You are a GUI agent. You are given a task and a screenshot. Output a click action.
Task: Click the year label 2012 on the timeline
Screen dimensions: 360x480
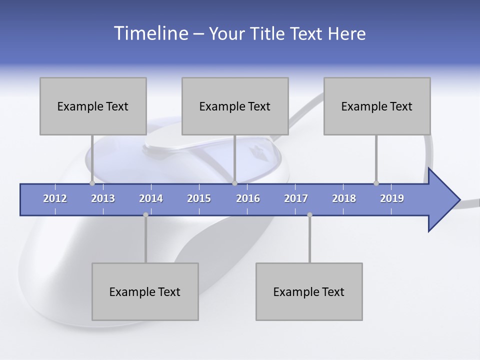tap(55, 198)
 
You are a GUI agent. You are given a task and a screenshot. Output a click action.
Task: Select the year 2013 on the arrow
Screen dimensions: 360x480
tap(103, 198)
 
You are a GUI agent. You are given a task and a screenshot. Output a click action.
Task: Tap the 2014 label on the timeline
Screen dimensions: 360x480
tap(151, 198)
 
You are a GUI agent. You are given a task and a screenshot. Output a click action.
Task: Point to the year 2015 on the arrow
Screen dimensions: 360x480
tap(199, 198)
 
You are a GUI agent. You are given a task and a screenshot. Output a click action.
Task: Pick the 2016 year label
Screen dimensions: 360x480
tap(248, 198)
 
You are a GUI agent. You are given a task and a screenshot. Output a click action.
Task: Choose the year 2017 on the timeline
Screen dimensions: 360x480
tap(296, 198)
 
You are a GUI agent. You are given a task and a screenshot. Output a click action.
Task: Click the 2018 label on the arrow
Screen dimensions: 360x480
tap(344, 198)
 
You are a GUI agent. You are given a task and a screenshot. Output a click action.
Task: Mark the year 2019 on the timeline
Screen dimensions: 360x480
tap(392, 198)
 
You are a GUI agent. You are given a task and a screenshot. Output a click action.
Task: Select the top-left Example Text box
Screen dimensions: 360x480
tap(93, 106)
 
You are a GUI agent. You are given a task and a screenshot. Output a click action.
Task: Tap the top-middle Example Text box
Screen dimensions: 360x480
tap(235, 106)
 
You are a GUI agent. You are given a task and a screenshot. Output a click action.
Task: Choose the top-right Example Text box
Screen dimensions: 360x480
tap(377, 106)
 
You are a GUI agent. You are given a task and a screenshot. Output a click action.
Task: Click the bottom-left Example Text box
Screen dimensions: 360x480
tap(145, 291)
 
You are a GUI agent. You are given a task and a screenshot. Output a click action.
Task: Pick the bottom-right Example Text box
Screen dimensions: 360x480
tap(309, 291)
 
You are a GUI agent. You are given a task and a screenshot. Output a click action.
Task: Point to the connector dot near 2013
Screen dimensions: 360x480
tap(92, 183)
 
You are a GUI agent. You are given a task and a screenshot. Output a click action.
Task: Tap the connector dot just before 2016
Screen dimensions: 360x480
tap(234, 183)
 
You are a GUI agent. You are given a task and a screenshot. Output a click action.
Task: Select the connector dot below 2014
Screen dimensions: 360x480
tap(145, 215)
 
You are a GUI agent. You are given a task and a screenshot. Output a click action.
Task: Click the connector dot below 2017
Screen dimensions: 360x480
tap(309, 215)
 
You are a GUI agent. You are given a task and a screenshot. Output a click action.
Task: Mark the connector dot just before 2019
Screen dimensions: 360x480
tap(376, 183)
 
